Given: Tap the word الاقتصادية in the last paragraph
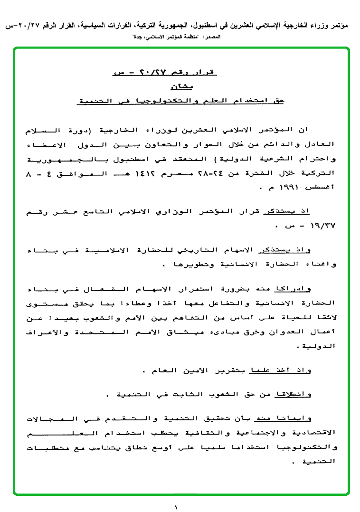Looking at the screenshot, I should (312, 433).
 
